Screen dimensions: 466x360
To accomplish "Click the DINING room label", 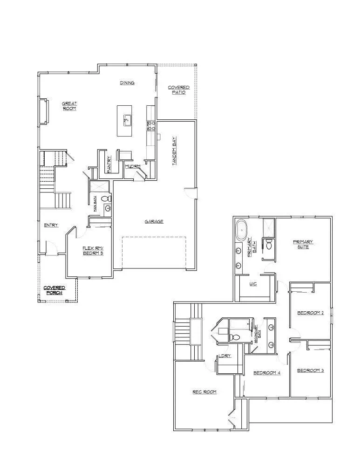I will pos(127,83).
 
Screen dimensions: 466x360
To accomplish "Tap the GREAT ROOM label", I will pos(69,106).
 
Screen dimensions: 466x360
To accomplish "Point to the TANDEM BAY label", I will pos(174,155).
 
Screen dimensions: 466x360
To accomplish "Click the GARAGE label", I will pos(154,221).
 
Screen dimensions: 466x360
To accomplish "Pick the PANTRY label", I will pos(109,164).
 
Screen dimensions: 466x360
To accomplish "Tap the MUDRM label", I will pos(133,166).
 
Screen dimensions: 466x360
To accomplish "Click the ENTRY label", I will pos(51,226).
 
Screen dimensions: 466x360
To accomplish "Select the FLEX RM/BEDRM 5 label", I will pos(93,250).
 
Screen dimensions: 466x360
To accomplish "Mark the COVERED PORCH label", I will pos(54,290).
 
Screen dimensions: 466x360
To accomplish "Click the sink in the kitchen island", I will pos(126,121).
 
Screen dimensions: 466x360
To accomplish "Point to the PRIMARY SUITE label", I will pos(303,244).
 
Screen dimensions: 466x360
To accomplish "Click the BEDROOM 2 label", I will pos(311,313).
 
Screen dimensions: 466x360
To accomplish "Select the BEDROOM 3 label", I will pos(310,370).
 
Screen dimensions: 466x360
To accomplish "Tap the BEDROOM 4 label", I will pos(266,373).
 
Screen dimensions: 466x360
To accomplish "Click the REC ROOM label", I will pos(205,392).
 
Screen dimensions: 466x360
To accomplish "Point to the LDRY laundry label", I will pos(224,356).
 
